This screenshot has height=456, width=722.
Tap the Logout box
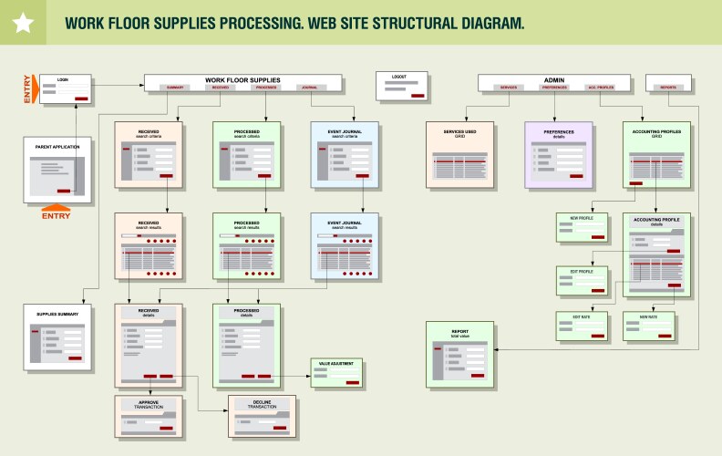coord(402,86)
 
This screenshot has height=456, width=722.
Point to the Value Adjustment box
coord(337,373)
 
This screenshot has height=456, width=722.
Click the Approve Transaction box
coord(149,417)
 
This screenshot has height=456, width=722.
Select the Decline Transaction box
coord(262,418)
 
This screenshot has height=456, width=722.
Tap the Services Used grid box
coord(459,155)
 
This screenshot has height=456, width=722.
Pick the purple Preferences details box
coord(559,155)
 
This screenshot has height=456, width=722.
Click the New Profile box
coord(582,226)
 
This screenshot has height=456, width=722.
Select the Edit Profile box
coord(582,281)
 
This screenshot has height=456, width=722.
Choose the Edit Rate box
coord(583,326)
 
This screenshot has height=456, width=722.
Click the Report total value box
coord(459,355)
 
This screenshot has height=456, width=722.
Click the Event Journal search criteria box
coord(345,155)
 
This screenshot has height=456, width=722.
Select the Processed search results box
coord(246,245)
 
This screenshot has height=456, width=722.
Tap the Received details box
coord(149,345)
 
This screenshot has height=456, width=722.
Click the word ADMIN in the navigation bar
coord(554,79)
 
